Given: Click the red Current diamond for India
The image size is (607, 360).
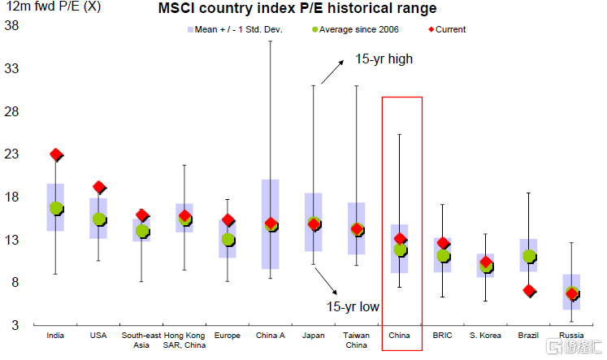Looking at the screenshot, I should pos(56,154).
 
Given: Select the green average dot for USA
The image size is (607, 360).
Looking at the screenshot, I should pos(99,219).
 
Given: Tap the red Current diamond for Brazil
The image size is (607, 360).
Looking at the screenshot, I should pos(528,290).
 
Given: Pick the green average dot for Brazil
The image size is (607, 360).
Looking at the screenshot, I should pos(528,256).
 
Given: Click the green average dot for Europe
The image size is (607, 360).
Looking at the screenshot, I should pos(228,239).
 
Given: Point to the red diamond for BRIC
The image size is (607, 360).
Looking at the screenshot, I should pos(443,243).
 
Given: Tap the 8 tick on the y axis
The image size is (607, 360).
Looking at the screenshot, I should pos(15,283).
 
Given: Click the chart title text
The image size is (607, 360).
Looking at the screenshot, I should pos(297,9).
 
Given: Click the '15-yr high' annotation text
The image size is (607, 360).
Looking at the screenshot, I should pos(384,59).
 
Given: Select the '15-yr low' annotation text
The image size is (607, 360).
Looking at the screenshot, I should pos(353,306).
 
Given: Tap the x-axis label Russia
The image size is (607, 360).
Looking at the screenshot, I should pos(571,334).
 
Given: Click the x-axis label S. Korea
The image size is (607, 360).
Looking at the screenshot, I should pos(485,334).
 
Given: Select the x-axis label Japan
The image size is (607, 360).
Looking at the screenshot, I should pos(314,334).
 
